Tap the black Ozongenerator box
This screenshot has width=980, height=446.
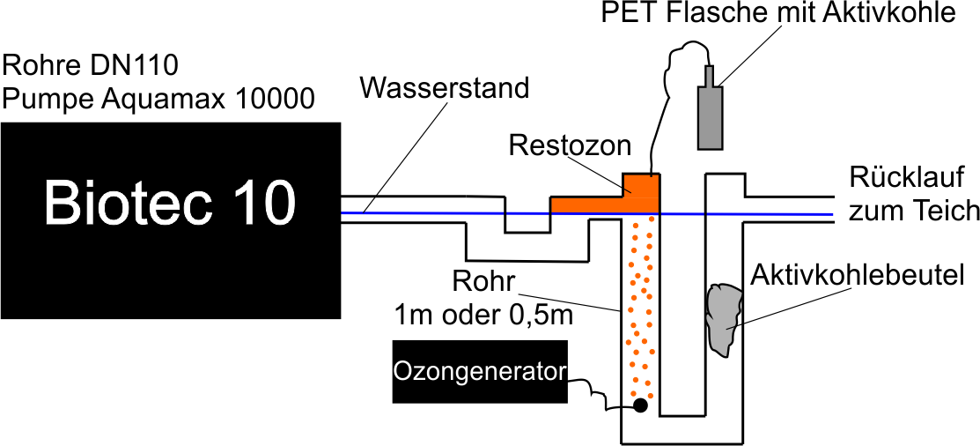click(479, 371)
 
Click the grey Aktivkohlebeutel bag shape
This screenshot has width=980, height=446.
click(725, 319)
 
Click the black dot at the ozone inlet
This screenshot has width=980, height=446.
click(640, 405)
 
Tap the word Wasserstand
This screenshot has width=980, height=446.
click(446, 88)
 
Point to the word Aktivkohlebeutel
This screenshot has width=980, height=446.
click(858, 275)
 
